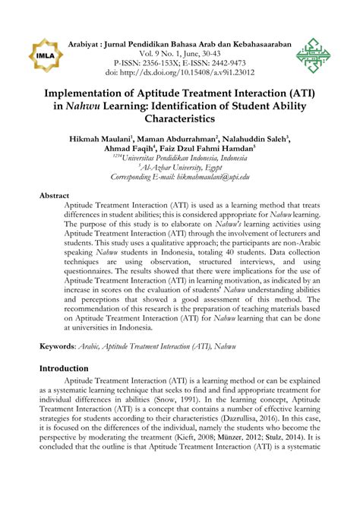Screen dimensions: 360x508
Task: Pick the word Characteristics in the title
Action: click(x=179, y=119)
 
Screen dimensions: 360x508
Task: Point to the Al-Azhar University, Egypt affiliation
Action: click(x=180, y=166)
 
